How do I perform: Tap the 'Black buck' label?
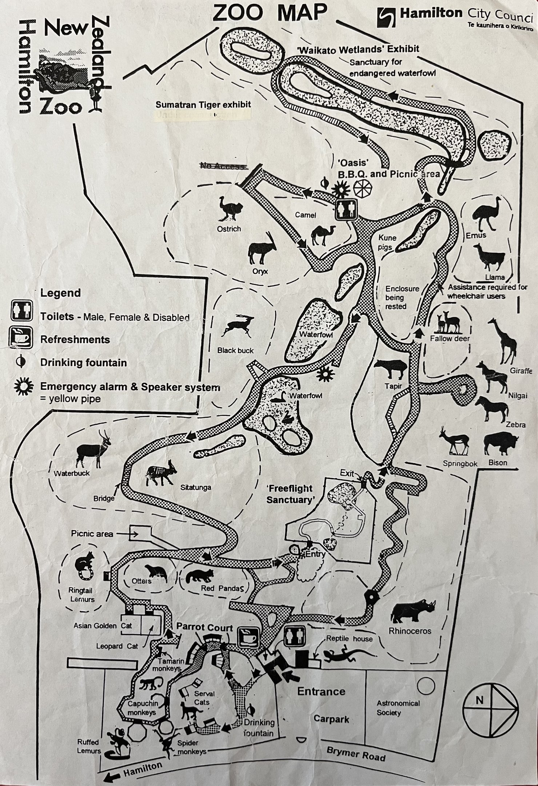pyautogui.click(x=235, y=350)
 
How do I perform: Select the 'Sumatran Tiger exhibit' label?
pyautogui.click(x=203, y=105)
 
